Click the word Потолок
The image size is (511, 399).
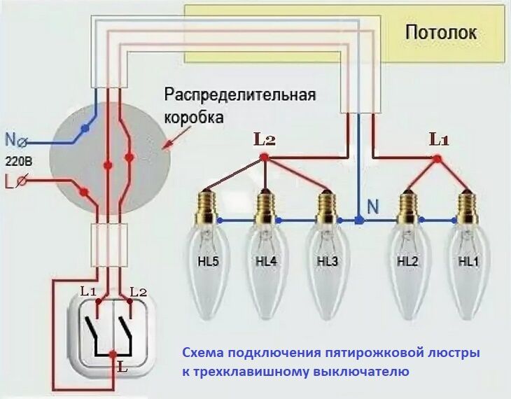click(441, 31)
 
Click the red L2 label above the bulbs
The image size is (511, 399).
click(265, 139)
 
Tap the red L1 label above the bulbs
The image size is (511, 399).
click(438, 139)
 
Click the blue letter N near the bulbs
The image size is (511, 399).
click(373, 206)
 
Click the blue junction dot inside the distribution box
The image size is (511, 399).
click(85, 129)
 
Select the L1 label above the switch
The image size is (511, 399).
click(87, 290)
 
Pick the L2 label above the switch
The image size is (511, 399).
click(139, 290)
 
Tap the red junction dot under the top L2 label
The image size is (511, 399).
click(265, 158)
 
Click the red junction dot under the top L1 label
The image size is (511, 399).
click(438, 159)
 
